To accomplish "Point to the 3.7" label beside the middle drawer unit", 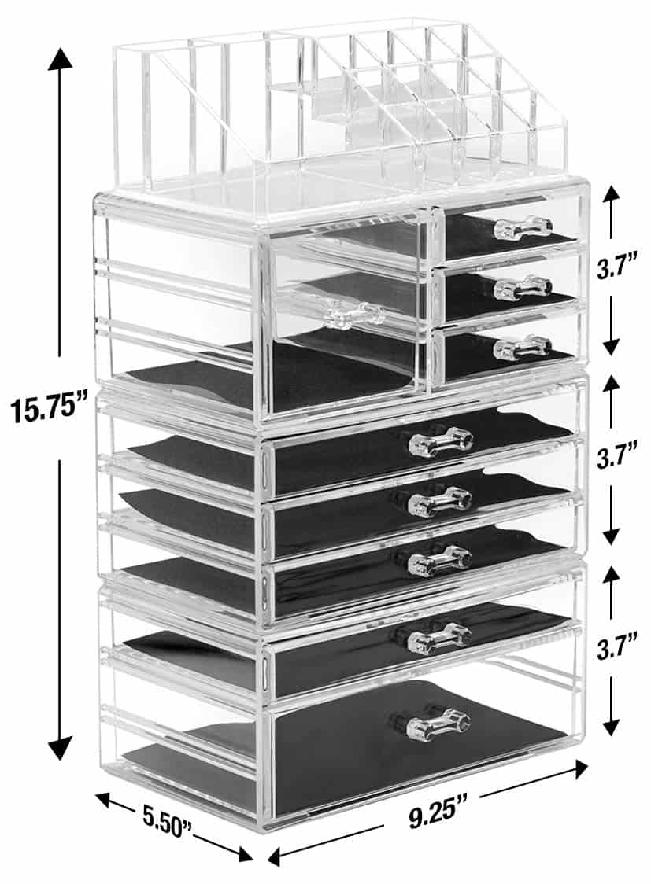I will coord(616,459).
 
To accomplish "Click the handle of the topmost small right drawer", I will coord(523,229).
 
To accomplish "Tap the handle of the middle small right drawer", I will coord(523,288).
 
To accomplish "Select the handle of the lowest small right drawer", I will coord(523,347).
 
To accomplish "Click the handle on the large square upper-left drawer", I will coord(353,315).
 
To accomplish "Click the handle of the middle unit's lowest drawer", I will coord(441,558).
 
